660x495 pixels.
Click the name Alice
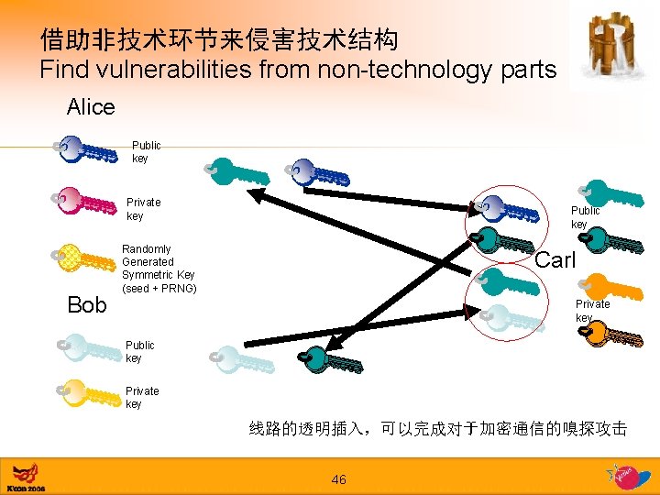pos(91,107)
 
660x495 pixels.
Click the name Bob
pos(87,304)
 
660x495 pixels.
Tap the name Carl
pos(555,260)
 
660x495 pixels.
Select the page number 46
pos(338,479)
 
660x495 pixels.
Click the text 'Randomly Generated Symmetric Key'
pos(159,262)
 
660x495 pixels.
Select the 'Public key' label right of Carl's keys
pos(585,217)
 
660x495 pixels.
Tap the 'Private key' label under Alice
pos(143,209)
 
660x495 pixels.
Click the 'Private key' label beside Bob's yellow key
pos(142,397)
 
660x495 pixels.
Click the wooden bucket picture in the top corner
pos(612,43)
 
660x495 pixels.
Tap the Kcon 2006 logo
pos(26,477)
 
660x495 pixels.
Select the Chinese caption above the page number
pos(438,428)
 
